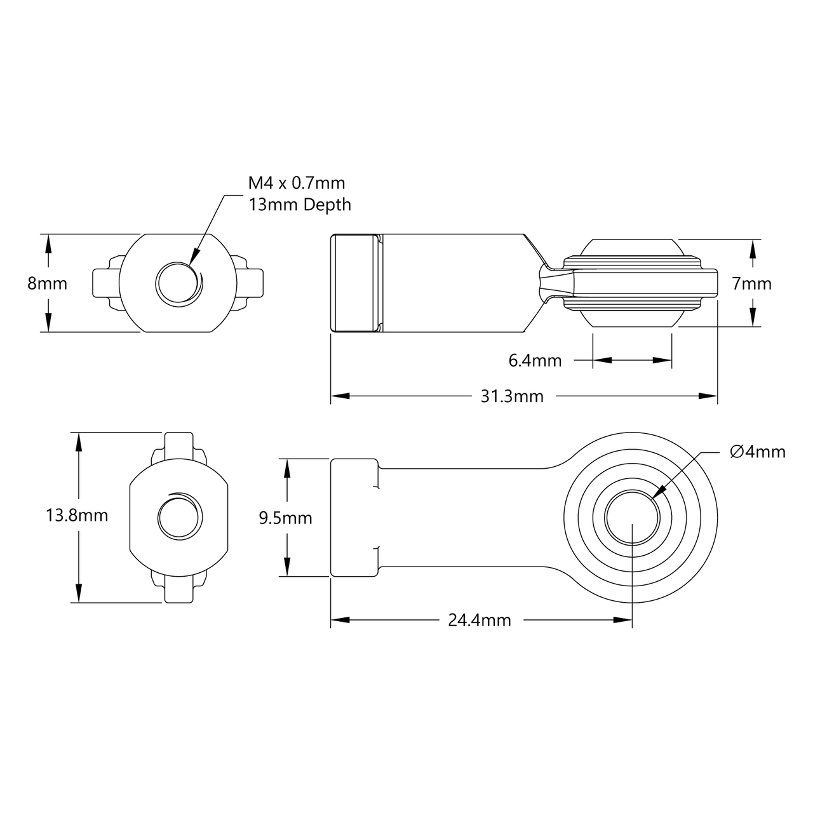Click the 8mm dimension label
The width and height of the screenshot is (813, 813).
pos(47,283)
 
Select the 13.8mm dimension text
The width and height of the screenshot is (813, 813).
pos(77,516)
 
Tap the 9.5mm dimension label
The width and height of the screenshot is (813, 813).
pos(286,518)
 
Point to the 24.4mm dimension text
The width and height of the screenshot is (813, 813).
pos(480,620)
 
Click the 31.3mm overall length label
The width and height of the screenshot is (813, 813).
pos(512,396)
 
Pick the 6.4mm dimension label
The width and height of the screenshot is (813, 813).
pos(535,361)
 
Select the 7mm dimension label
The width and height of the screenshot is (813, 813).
pos(752,283)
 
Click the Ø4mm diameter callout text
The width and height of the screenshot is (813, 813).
pos(758,452)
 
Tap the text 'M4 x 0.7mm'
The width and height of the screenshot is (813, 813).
pos(296,184)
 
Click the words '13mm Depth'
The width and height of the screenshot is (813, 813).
pos(299,205)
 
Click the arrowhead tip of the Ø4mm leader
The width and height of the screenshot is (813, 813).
pos(654,495)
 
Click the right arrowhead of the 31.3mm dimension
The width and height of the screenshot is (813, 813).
pos(715,396)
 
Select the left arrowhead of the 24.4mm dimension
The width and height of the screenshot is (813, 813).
pos(333,620)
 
